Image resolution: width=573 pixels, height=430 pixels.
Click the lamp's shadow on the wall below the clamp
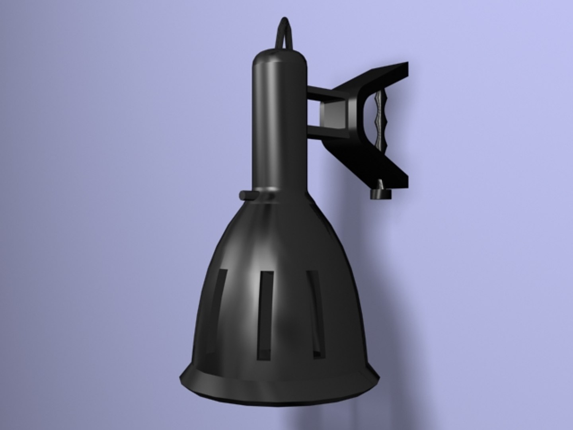[350, 239]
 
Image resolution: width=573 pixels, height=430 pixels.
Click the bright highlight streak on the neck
[275, 119]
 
